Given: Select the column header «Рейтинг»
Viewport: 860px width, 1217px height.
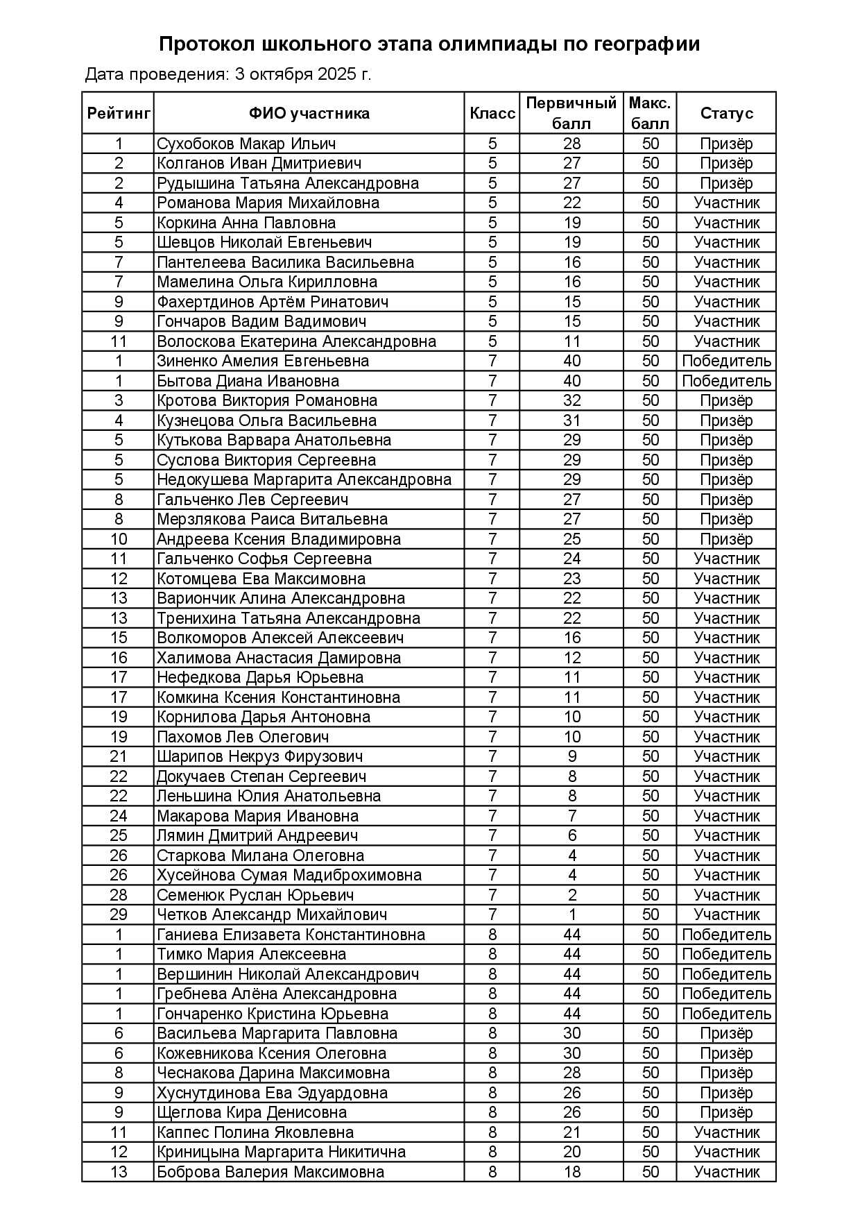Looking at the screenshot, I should [119, 113].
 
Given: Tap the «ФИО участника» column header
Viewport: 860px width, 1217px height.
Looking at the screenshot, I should [309, 113].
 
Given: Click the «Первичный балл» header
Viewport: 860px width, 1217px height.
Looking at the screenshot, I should [571, 113].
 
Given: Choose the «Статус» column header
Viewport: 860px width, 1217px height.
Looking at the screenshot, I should [726, 113].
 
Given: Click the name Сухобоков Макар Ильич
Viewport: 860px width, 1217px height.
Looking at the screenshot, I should [246, 144].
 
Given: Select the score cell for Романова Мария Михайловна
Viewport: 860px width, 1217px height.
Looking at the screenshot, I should [571, 203].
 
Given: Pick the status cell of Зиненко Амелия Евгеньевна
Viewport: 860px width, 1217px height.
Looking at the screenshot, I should [726, 361].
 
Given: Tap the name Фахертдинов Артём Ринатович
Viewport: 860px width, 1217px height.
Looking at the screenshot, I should [273, 302].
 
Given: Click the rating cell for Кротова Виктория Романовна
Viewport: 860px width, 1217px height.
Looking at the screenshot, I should [119, 400].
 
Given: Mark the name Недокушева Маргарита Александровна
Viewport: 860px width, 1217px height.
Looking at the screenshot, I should [304, 479].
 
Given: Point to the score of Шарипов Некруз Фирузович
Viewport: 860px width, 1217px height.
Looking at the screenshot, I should [571, 756].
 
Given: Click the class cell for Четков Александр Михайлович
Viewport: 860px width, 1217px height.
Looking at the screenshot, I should [492, 914].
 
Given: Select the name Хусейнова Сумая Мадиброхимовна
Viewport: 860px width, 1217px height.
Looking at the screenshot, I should [289, 875].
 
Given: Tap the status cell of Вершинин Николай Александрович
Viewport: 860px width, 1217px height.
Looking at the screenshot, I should [726, 974].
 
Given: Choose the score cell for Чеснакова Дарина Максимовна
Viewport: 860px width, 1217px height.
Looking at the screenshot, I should [571, 1073].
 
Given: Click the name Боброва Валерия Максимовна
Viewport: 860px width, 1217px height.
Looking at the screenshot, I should [270, 1172].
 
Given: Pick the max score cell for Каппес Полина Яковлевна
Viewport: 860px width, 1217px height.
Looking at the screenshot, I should [650, 1132].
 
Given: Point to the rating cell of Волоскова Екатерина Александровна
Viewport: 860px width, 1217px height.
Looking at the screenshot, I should [119, 341].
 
